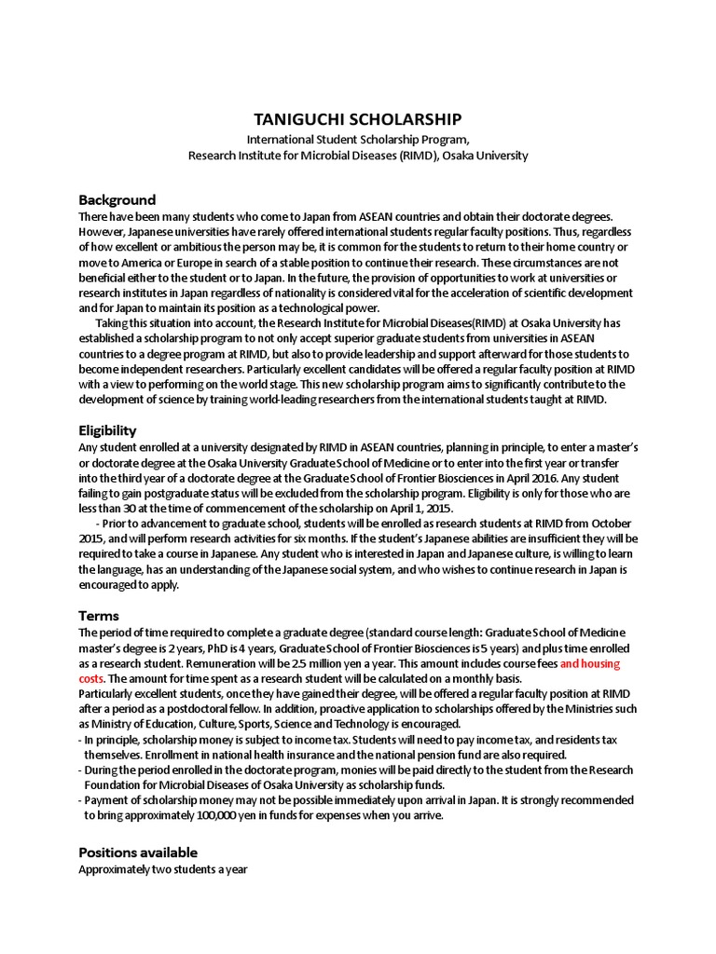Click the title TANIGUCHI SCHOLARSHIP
pyautogui.click(x=358, y=120)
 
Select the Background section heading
pyautogui.click(x=117, y=200)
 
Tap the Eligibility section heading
pyautogui.click(x=107, y=430)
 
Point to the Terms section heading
pyautogui.click(x=99, y=616)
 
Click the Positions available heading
pyautogui.click(x=138, y=852)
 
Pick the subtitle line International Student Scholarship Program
pyautogui.click(x=358, y=139)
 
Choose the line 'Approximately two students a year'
pyautogui.click(x=164, y=869)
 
